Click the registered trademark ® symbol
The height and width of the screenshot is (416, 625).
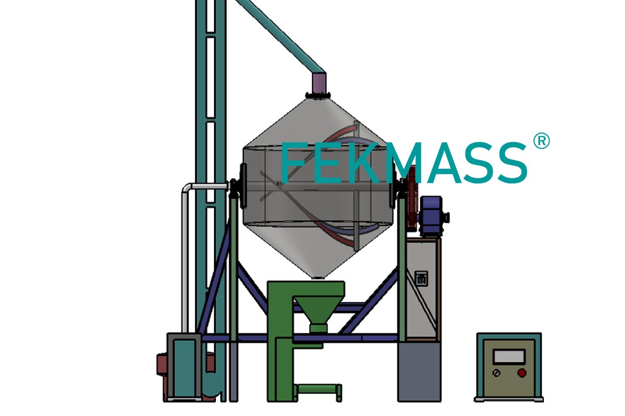541,141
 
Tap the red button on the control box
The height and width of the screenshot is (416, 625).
521,372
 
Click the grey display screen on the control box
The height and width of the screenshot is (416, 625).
509,357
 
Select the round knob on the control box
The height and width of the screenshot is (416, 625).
496,373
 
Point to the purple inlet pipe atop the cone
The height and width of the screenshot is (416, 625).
319,83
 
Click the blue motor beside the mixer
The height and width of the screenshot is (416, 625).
432,216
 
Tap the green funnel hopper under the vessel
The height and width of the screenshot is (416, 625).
319,314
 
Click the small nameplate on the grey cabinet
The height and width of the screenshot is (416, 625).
421,278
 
